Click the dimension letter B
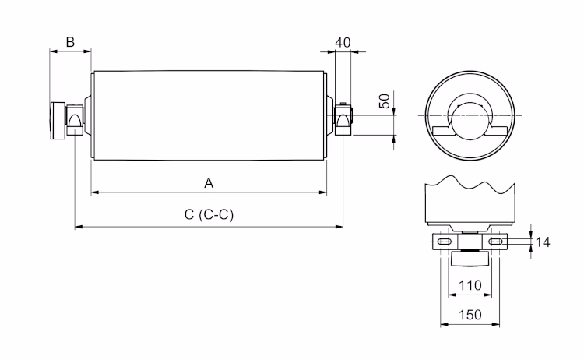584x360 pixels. click(x=70, y=41)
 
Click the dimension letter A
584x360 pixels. click(x=209, y=182)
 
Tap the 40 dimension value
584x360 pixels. click(x=343, y=41)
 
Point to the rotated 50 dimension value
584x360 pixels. click(x=385, y=101)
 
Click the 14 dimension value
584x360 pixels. click(x=544, y=243)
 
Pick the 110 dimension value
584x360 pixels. click(x=470, y=285)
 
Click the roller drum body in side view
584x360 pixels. click(x=209, y=115)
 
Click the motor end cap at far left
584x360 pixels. click(x=58, y=121)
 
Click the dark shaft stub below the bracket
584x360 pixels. click(x=471, y=261)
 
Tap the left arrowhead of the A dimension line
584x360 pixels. click(x=94, y=191)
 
